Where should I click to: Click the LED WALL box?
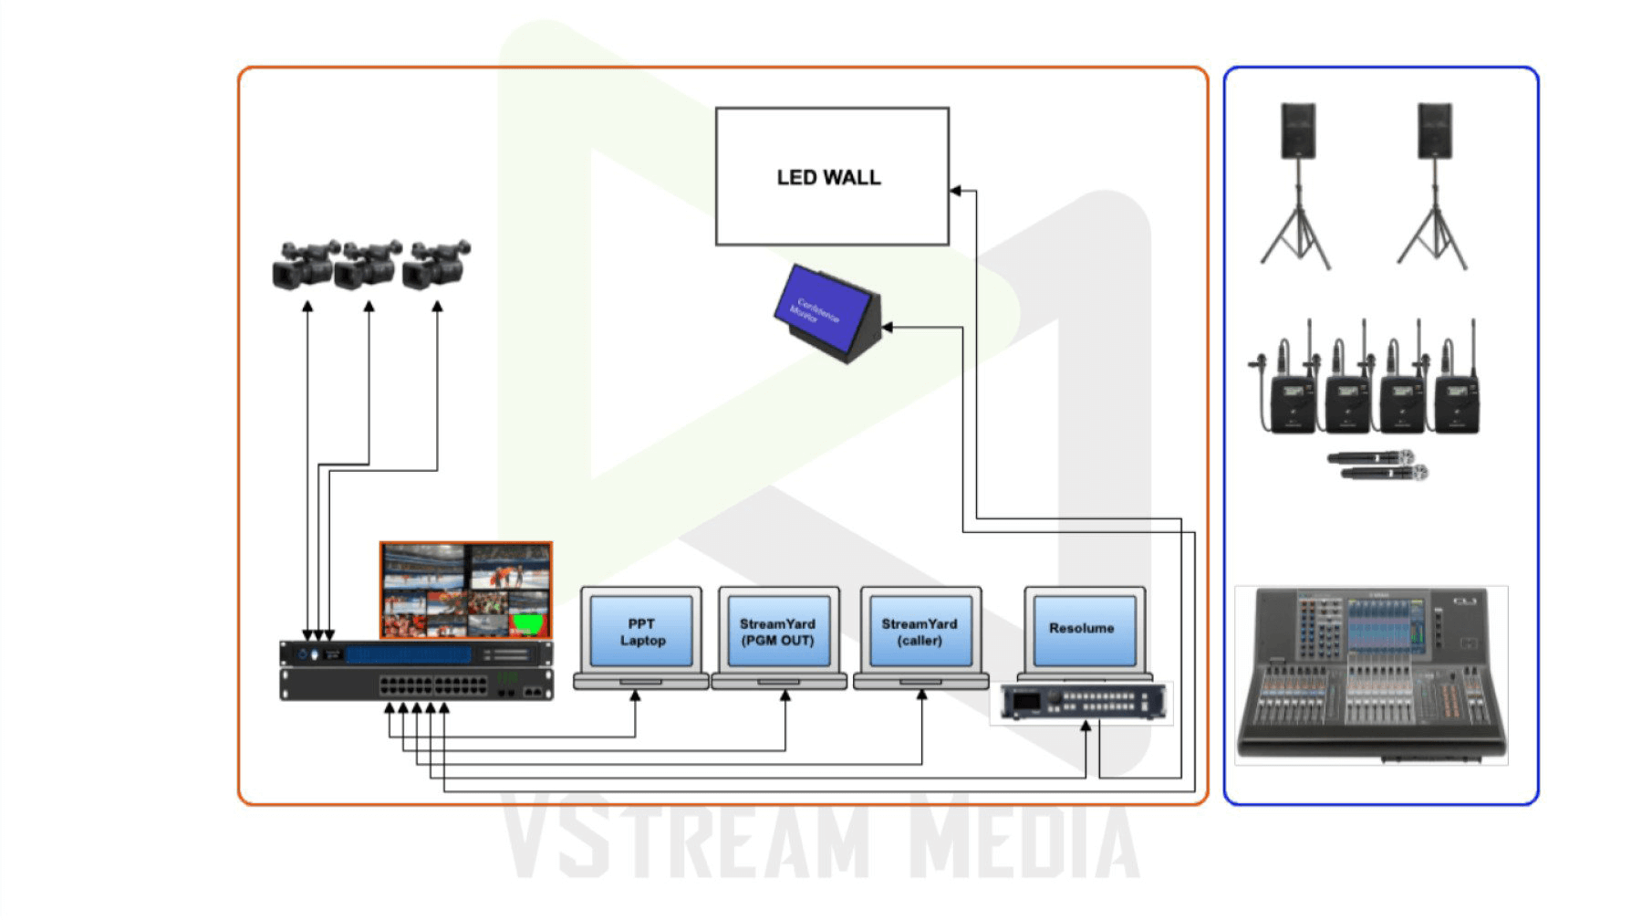point(831,176)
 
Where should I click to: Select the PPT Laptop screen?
point(641,632)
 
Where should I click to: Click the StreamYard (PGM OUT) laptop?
point(778,632)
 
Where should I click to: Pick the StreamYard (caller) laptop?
point(920,632)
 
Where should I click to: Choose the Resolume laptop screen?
point(1082,629)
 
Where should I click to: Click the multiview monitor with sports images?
point(466,591)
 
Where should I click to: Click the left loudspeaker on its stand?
point(1297,131)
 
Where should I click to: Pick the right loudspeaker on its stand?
point(1434,131)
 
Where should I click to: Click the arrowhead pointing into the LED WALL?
point(956,191)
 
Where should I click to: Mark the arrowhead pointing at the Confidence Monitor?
point(888,326)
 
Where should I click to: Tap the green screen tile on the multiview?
point(529,624)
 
